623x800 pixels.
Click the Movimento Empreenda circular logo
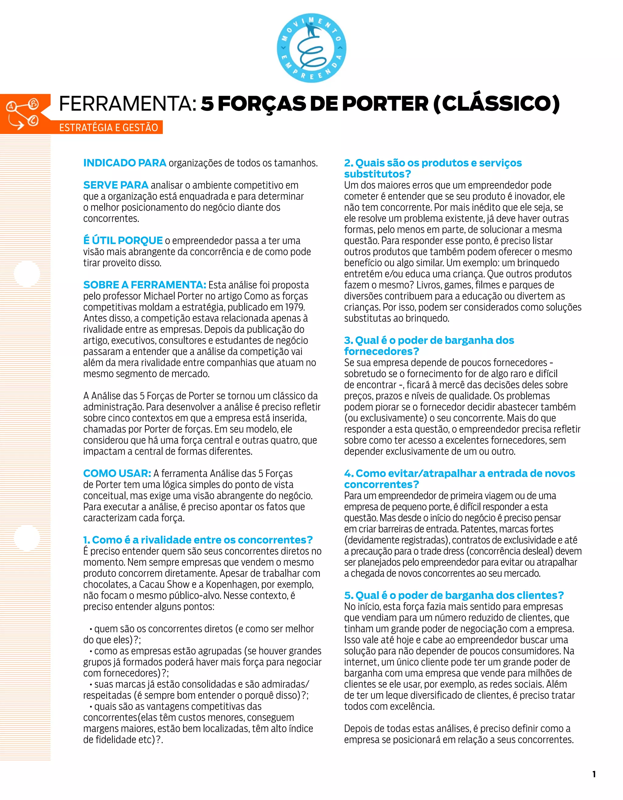point(311,49)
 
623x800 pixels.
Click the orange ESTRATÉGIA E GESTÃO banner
point(108,128)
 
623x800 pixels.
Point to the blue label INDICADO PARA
point(125,163)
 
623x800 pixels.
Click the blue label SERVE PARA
point(116,185)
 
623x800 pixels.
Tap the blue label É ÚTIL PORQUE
point(123,241)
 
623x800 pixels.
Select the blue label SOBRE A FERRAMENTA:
point(144,285)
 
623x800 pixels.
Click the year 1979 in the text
point(295,307)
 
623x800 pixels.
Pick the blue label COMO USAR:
point(117,473)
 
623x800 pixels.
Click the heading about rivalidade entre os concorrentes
point(198,540)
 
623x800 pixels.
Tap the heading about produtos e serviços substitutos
point(433,168)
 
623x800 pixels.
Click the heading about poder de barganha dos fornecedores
point(429,346)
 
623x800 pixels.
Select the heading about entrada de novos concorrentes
point(459,479)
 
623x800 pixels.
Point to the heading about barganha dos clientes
point(454,595)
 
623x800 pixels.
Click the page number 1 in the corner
point(594,774)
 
